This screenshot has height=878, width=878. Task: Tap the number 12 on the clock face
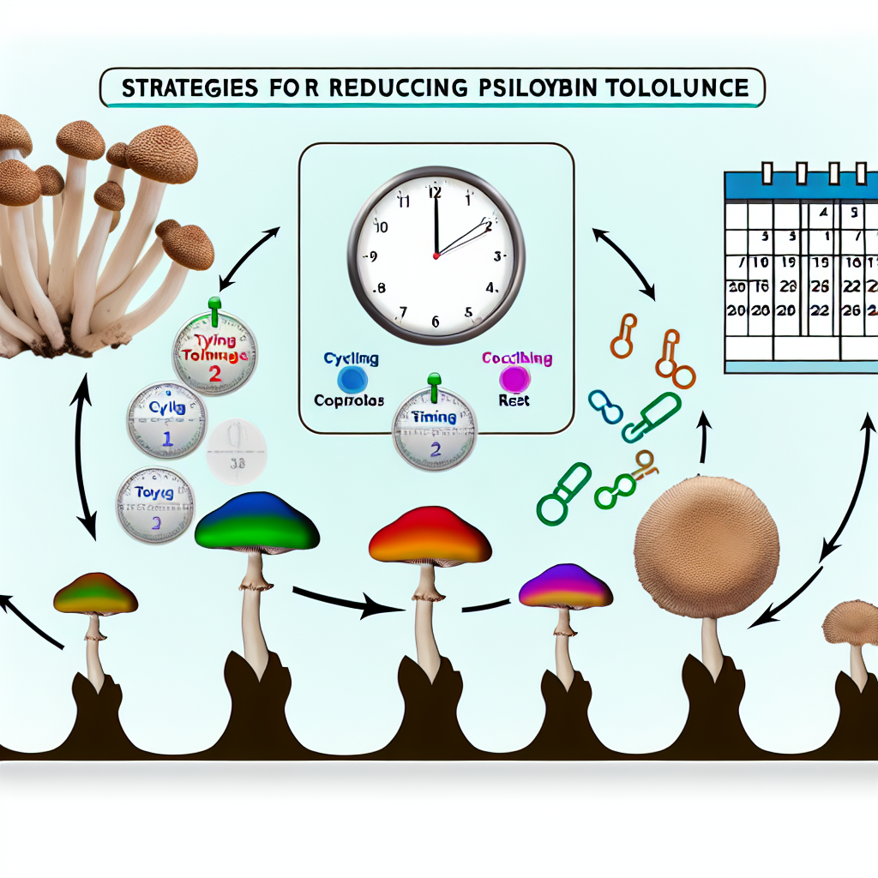435,192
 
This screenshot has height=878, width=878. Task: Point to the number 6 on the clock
435,322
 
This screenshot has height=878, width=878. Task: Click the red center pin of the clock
436,256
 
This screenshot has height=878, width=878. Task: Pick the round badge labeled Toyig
156,503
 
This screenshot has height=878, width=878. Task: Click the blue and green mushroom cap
256,522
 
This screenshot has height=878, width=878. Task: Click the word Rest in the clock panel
514,401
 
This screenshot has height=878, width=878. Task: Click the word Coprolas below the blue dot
349,400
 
